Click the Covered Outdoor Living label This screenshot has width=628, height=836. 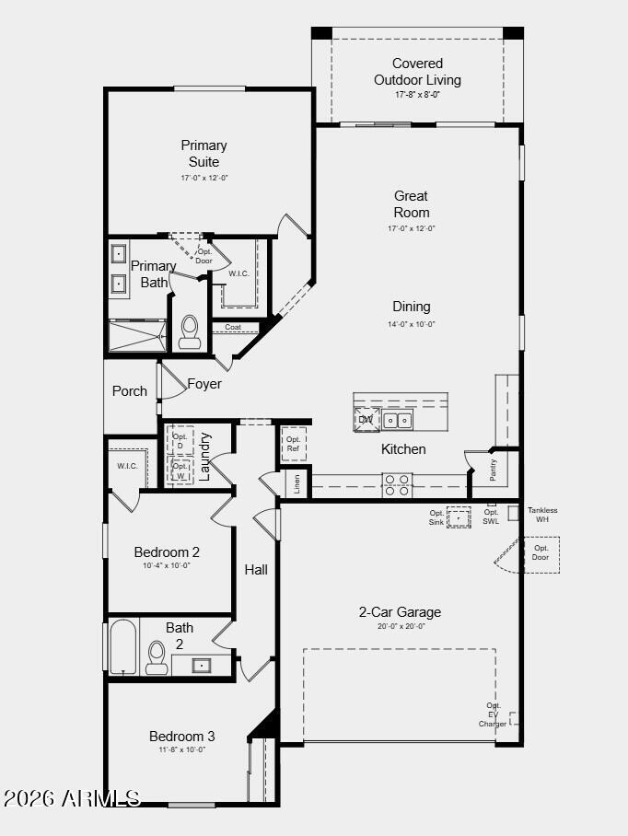click(x=417, y=72)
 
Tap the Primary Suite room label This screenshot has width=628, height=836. click(x=204, y=153)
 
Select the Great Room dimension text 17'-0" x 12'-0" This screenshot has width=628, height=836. click(x=412, y=228)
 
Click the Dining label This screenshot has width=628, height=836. click(x=412, y=307)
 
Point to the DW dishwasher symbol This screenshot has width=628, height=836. click(x=366, y=420)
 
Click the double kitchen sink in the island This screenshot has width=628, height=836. click(x=398, y=421)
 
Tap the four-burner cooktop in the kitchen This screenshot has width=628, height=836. click(x=397, y=485)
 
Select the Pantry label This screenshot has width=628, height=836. click(x=494, y=470)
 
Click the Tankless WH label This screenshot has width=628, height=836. click(x=542, y=515)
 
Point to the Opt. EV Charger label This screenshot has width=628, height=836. click(x=493, y=715)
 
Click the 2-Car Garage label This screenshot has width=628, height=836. click(x=400, y=612)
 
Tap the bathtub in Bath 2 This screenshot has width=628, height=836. click(x=123, y=646)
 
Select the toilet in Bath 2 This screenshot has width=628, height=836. click(x=157, y=657)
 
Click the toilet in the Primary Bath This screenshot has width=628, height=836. click(x=190, y=331)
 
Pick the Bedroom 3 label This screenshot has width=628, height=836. click(x=182, y=737)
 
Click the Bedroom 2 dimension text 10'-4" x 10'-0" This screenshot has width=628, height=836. click(x=167, y=566)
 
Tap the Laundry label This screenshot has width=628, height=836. click(x=205, y=457)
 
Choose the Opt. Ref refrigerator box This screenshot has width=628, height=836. click(x=294, y=444)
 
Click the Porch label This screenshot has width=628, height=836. click(x=130, y=391)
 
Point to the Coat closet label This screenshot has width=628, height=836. click(x=233, y=327)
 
